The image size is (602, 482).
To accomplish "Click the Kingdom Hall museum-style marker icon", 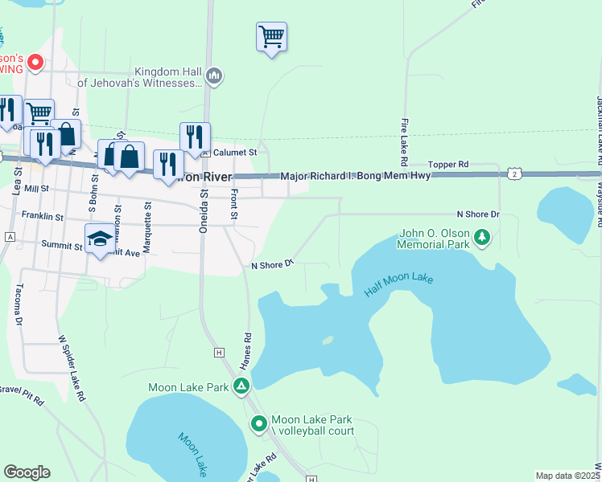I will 214,76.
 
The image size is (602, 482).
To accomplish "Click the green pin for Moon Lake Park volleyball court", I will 258,423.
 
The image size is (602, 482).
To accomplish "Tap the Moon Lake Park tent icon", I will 241,386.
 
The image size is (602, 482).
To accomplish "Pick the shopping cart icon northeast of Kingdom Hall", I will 272,36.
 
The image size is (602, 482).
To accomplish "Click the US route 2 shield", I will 515,174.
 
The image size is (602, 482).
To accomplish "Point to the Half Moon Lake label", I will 398,285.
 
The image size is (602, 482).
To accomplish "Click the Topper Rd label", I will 448,164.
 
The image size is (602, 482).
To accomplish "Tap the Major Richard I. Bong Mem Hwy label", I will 354,176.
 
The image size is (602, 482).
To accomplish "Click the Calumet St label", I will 234,152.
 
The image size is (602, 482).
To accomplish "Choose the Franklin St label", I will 43,216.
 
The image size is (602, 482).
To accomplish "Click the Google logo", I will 27,472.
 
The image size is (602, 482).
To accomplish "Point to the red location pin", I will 35,61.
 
